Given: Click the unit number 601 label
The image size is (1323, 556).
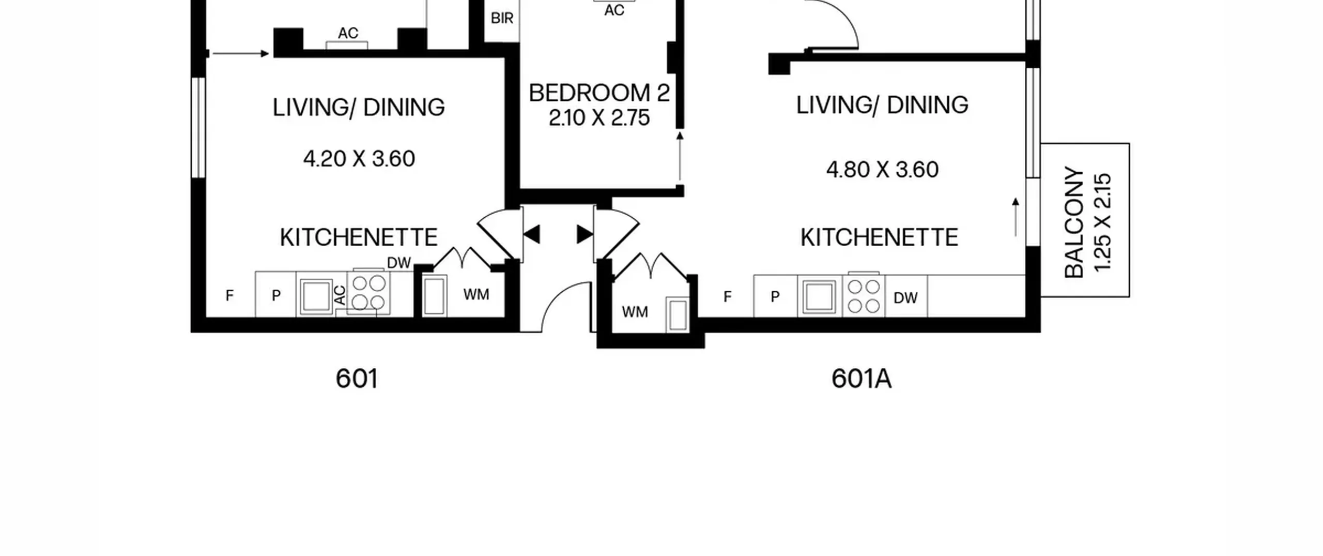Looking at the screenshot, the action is click(357, 379).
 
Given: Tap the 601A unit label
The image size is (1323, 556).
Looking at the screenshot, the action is click(862, 379).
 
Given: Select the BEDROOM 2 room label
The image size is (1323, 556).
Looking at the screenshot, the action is click(599, 93).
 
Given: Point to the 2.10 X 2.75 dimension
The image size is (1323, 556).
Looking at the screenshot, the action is click(599, 118).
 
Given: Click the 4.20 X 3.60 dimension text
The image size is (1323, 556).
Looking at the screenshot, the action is click(359, 159).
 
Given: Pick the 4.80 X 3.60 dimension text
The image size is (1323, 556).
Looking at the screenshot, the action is click(882, 170).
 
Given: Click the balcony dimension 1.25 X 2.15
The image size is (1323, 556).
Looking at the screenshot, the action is click(1102, 222).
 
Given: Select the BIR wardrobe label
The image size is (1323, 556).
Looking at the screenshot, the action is click(502, 19).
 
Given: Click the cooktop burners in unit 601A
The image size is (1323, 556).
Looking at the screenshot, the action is click(864, 296).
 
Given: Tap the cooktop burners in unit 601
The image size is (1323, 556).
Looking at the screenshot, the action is click(369, 292).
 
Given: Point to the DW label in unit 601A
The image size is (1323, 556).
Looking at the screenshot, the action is click(905, 298).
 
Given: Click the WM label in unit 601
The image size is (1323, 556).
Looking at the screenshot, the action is click(476, 295).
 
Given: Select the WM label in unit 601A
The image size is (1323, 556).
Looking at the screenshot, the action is click(635, 312).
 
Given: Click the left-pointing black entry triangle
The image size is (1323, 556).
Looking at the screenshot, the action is click(532, 234).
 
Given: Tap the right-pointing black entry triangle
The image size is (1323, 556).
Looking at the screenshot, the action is click(585, 234).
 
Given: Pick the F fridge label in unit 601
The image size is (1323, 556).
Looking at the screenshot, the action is click(229, 295).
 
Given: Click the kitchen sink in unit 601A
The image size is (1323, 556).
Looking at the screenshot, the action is click(819, 296).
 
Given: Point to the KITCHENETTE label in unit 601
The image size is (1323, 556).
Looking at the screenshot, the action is click(359, 237).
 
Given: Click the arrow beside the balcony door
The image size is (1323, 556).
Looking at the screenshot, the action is click(1016, 217).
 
